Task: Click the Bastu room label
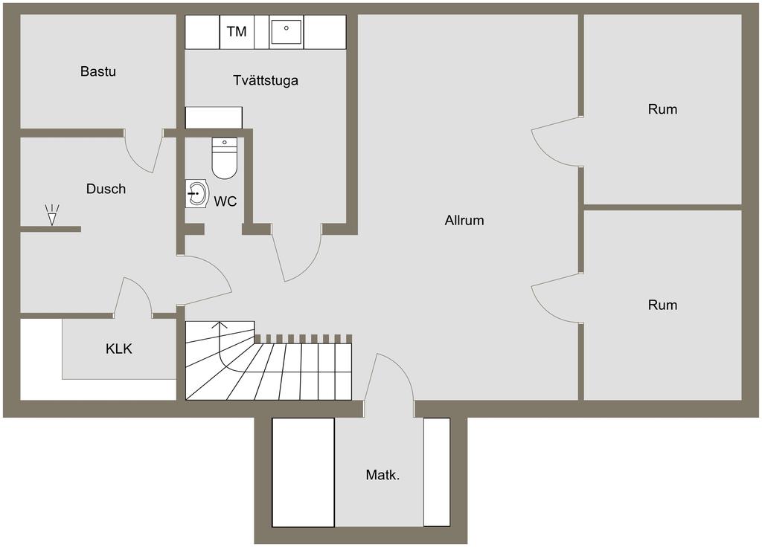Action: click(98, 71)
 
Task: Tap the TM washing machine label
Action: click(237, 31)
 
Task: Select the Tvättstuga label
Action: click(266, 80)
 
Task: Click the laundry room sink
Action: click(286, 31)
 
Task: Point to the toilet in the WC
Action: click(225, 158)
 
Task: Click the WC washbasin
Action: click(196, 194)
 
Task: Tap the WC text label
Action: click(225, 201)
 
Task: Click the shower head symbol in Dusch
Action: click(52, 215)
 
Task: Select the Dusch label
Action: click(106, 189)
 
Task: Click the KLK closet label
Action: click(119, 349)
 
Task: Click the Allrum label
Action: click(464, 220)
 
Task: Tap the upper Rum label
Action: click(662, 109)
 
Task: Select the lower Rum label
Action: click(662, 305)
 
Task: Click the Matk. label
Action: click(383, 475)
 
